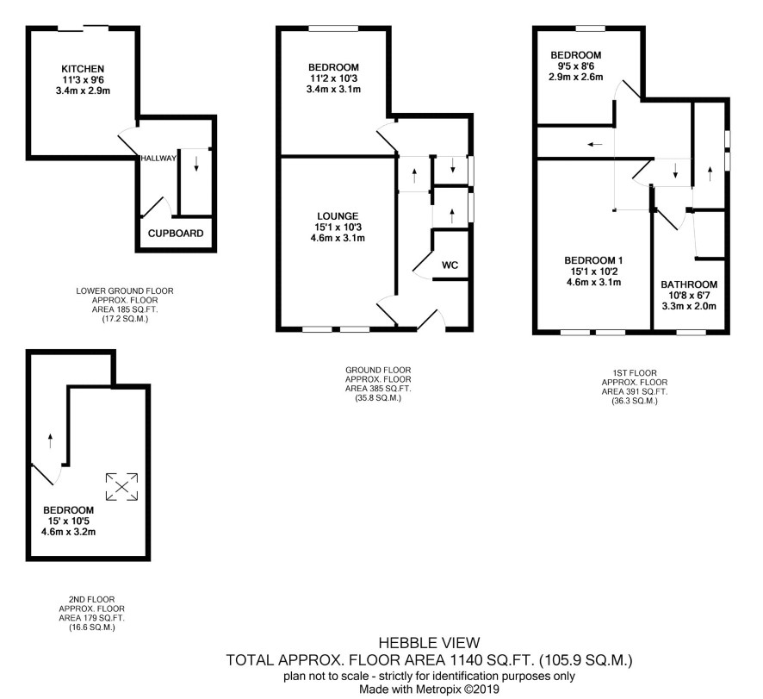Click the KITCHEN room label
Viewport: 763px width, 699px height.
point(83,69)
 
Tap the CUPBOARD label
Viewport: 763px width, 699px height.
point(176,234)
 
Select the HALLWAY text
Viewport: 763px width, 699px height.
point(158,159)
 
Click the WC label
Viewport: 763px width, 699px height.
point(450,265)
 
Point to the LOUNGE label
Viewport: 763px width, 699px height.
point(338,215)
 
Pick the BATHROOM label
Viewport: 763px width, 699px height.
point(689,284)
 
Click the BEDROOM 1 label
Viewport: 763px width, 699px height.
point(593,260)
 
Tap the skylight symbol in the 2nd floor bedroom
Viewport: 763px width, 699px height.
point(122,487)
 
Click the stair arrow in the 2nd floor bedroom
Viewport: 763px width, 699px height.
point(50,440)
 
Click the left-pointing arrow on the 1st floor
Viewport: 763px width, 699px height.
point(594,144)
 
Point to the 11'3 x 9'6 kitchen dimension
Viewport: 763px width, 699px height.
point(83,80)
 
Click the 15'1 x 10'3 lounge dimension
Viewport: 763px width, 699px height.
point(338,227)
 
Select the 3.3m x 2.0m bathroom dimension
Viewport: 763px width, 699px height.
point(689,306)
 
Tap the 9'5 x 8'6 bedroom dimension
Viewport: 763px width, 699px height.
point(575,66)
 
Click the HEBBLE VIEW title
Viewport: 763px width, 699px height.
point(429,643)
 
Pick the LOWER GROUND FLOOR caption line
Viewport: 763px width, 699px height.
point(125,290)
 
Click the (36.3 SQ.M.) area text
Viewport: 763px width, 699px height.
point(635,402)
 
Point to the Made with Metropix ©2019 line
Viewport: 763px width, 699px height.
point(429,690)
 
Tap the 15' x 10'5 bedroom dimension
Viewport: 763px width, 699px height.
point(68,521)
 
